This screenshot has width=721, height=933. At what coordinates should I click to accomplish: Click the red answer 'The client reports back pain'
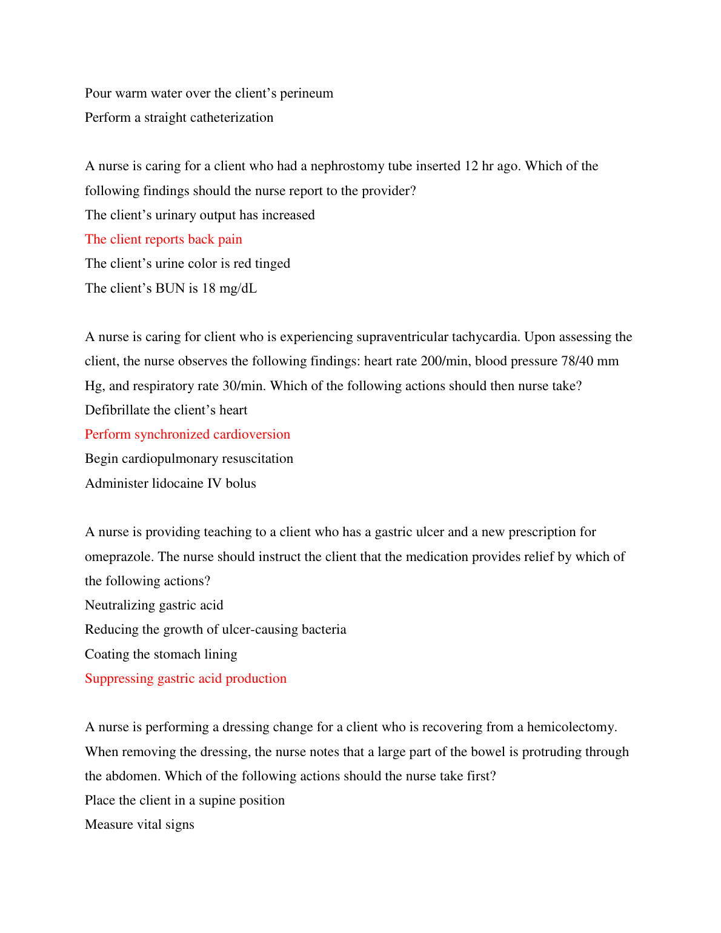point(164,239)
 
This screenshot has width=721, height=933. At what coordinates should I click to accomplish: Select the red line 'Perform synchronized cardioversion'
point(187,434)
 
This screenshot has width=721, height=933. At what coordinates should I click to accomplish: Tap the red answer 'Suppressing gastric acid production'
point(185,679)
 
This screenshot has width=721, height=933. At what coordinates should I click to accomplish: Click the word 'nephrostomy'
point(347,167)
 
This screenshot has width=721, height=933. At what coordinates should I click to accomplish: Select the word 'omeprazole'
point(119,557)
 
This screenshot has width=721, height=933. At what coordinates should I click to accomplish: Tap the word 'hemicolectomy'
point(571,727)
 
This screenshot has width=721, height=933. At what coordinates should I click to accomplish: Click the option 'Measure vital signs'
point(139,825)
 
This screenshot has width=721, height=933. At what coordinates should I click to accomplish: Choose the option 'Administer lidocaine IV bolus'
point(170,483)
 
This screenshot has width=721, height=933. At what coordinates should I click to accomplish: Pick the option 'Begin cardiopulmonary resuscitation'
point(189,459)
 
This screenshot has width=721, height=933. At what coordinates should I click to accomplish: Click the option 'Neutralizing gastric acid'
point(154,605)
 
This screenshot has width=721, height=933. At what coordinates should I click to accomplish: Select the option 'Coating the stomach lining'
point(161,654)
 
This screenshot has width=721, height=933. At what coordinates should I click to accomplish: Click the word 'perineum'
point(307,93)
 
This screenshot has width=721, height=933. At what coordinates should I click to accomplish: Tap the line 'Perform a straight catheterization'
point(179,118)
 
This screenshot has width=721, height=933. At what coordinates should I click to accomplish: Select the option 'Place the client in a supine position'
point(185,800)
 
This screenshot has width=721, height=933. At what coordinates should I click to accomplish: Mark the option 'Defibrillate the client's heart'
point(166,410)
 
